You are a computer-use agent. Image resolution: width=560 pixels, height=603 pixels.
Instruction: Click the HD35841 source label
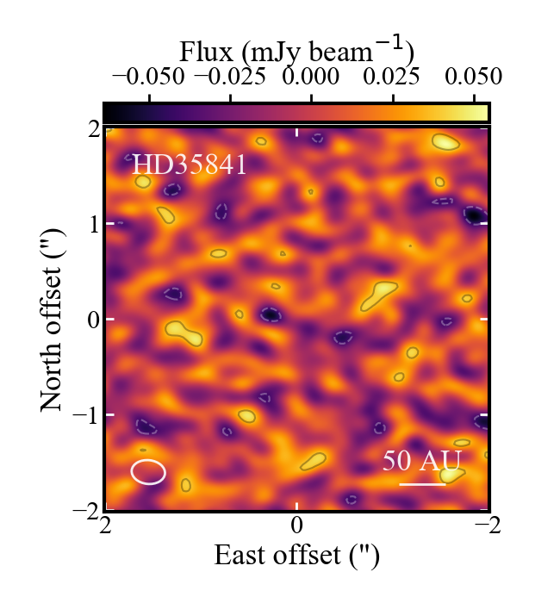[x=189, y=165]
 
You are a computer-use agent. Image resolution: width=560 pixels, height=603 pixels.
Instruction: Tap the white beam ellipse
[x=148, y=471]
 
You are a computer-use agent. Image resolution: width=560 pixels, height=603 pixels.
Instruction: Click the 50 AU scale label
[x=422, y=461]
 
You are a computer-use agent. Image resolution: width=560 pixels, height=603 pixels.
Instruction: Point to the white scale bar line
[x=422, y=484]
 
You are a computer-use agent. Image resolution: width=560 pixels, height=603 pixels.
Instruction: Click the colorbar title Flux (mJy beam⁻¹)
[x=297, y=49]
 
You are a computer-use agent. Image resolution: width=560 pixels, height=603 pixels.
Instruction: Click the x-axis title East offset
[x=297, y=555]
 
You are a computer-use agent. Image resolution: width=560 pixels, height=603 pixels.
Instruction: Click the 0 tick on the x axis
[x=297, y=524]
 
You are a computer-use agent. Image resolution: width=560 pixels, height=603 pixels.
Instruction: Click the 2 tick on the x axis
[x=105, y=524]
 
